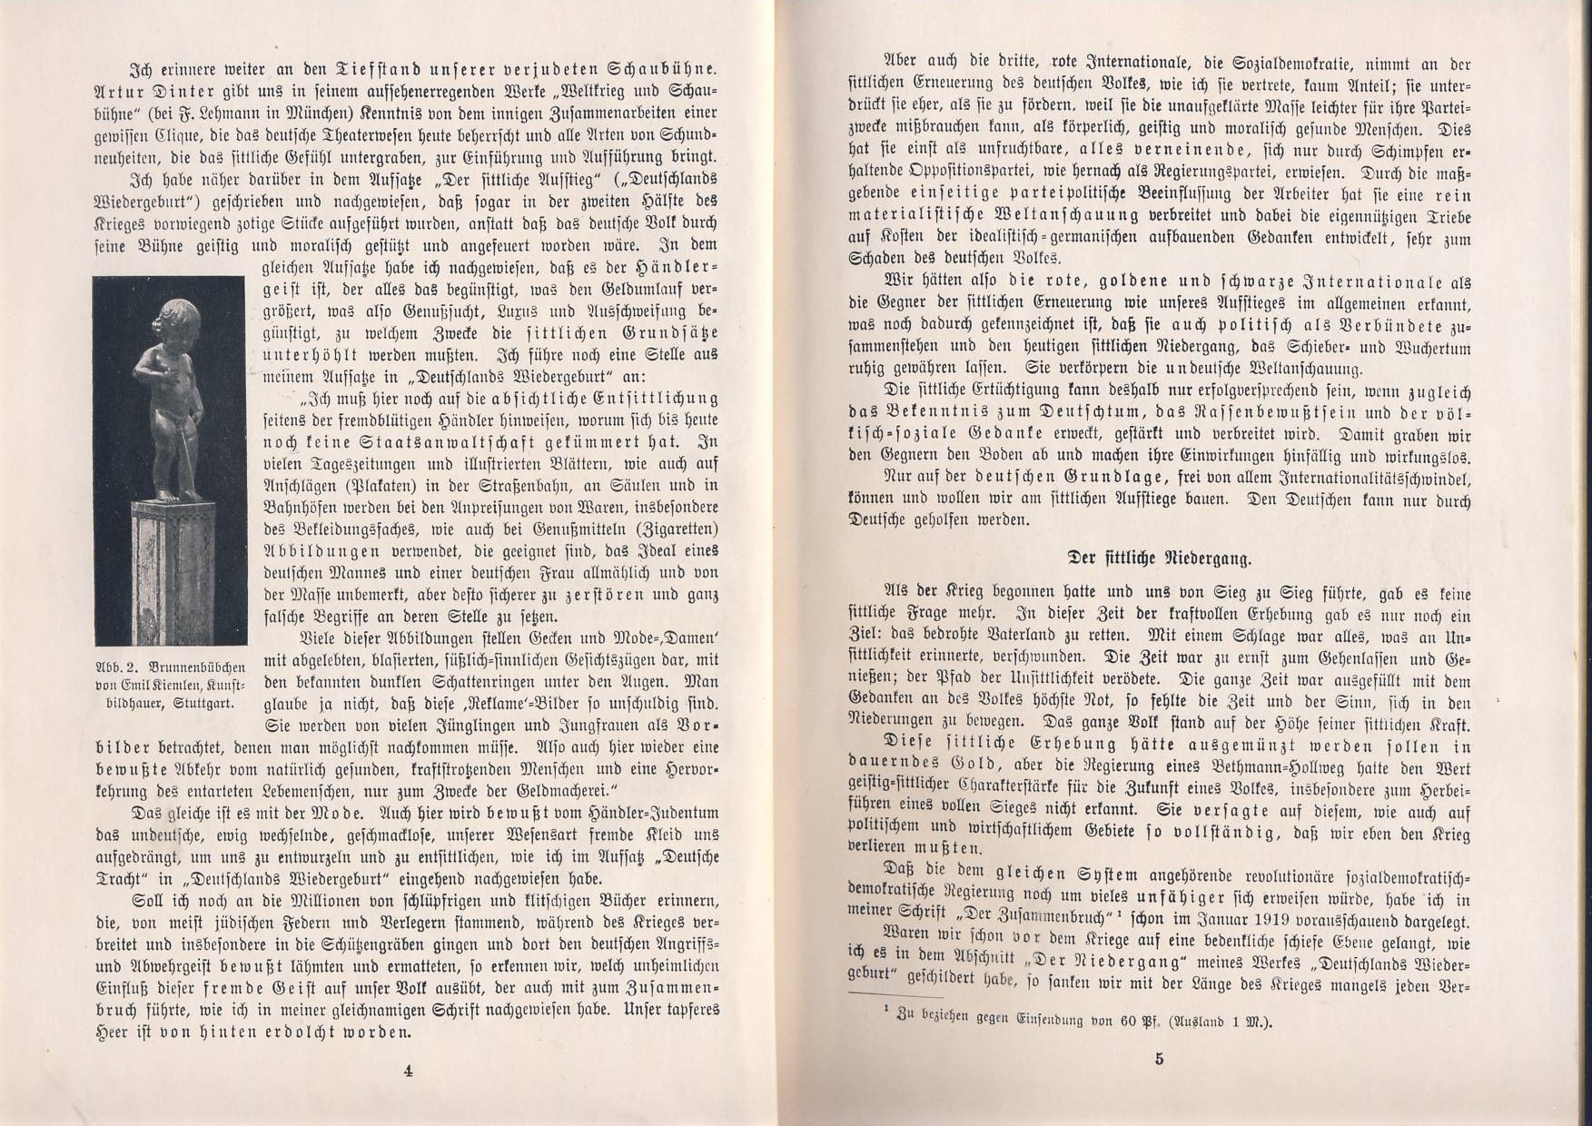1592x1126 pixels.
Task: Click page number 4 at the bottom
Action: coord(408,1070)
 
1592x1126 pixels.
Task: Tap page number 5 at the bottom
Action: coord(1160,1057)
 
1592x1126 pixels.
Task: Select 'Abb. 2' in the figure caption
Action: coord(117,665)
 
